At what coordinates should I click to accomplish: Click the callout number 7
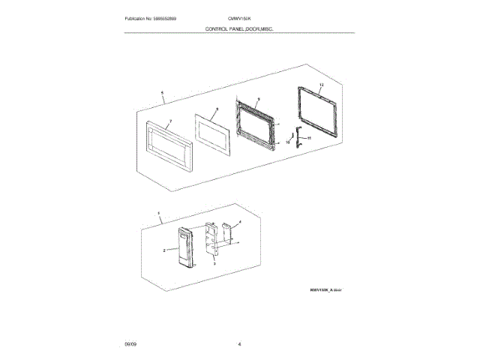170,120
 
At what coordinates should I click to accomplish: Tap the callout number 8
215,109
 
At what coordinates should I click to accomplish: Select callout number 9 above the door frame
257,99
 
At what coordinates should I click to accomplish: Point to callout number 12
320,86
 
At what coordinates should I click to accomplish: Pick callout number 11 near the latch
310,138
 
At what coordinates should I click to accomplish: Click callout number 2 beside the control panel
163,250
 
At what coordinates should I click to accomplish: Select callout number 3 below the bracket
215,264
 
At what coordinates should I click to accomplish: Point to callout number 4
238,222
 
